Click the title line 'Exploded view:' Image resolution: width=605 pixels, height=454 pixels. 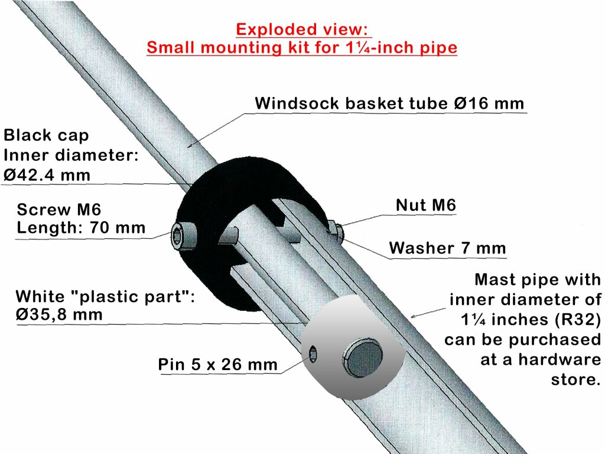click(302, 30)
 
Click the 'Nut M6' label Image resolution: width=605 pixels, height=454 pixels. click(426, 205)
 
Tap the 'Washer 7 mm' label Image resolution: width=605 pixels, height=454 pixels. click(447, 248)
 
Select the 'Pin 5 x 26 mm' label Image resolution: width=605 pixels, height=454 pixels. click(217, 364)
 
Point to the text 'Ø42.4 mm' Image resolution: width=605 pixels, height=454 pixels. click(47, 175)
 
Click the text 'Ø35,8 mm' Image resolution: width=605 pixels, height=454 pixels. click(59, 314)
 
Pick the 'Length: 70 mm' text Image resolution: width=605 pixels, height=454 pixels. click(81, 228)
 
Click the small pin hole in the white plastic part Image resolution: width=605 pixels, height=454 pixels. click(313, 354)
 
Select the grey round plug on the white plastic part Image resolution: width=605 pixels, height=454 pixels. click(362, 358)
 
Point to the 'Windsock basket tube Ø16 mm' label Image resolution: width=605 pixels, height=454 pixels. click(389, 103)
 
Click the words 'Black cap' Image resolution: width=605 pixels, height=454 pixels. click(46, 135)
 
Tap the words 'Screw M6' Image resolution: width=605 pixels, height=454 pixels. click(58, 210)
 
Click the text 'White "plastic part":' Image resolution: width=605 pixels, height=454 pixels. click(105, 297)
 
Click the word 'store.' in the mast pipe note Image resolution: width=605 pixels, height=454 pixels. click(575, 380)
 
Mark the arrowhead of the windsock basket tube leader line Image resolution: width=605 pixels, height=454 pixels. click(190, 145)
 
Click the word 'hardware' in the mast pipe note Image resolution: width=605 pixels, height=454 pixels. click(560, 359)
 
